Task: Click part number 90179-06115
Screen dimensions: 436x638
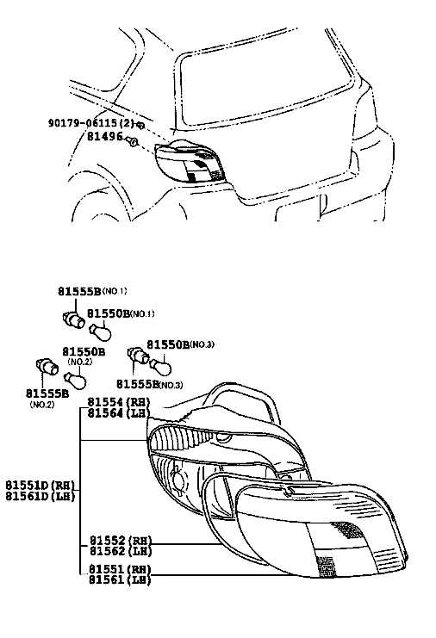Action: click(84, 122)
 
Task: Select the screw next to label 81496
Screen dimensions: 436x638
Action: click(132, 141)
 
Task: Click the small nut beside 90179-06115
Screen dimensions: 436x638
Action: click(140, 125)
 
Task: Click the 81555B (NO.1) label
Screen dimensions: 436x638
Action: click(92, 291)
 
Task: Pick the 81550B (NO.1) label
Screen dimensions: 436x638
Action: click(121, 313)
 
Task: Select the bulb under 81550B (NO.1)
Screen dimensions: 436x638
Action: click(100, 331)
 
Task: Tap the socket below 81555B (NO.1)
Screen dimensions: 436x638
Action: click(74, 319)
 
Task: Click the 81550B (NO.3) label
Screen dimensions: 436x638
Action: click(180, 344)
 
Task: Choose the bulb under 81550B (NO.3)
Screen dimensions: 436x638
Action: click(161, 366)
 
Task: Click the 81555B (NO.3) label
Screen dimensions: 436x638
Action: click(149, 384)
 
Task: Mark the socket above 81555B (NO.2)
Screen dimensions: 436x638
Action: click(47, 366)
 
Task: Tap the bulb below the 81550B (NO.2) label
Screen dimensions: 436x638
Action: click(76, 381)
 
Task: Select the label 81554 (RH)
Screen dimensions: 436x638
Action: click(119, 402)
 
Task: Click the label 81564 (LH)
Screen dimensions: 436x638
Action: click(119, 412)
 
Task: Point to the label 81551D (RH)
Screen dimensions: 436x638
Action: click(40, 486)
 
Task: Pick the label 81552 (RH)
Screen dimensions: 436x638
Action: click(120, 541)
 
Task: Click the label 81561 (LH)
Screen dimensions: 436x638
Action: click(120, 579)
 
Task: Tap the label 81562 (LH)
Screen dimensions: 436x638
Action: click(120, 551)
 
